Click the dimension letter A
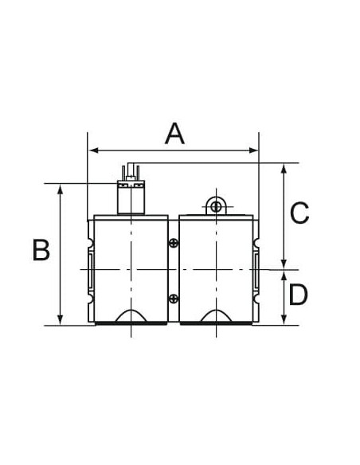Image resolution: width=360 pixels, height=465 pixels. (174, 134)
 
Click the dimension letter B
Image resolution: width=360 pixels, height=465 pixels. (41, 250)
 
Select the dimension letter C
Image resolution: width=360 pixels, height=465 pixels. (299, 213)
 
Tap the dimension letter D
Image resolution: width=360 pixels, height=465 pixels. (298, 294)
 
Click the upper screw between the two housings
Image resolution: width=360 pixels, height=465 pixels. (174, 243)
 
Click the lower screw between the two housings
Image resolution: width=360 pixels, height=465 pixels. (174, 299)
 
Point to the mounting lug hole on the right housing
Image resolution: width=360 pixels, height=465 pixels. (216, 206)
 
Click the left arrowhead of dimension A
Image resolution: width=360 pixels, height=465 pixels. (93, 150)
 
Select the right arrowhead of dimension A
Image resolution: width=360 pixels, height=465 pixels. (253, 150)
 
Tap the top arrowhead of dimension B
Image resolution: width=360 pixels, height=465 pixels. (61, 189)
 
